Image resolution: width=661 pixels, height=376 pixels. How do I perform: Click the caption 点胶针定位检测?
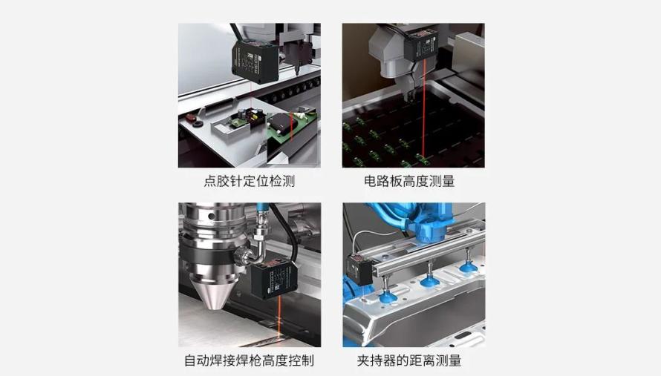coord(249,181)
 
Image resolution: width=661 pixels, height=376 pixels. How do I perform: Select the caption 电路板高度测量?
coord(409,181)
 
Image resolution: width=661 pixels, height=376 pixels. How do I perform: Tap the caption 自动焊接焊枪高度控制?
coord(249,360)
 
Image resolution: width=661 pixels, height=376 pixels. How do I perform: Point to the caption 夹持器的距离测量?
coord(409,360)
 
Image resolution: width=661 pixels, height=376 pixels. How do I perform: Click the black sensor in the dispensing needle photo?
coord(255,62)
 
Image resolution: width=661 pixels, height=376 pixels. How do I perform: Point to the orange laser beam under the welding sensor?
coord(279,318)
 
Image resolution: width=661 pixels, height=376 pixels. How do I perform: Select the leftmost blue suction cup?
coord(388,297)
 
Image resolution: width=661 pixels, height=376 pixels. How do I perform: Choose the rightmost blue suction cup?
coord(466,267)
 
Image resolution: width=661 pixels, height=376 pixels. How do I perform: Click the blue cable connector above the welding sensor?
coord(261,212)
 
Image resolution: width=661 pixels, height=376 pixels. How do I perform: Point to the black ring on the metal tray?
coord(197,124)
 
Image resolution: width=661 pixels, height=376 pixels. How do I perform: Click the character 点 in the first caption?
coord(210,181)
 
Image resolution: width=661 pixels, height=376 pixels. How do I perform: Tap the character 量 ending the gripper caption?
coord(455,360)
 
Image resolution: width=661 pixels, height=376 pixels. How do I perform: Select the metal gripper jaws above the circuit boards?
coord(410,86)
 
